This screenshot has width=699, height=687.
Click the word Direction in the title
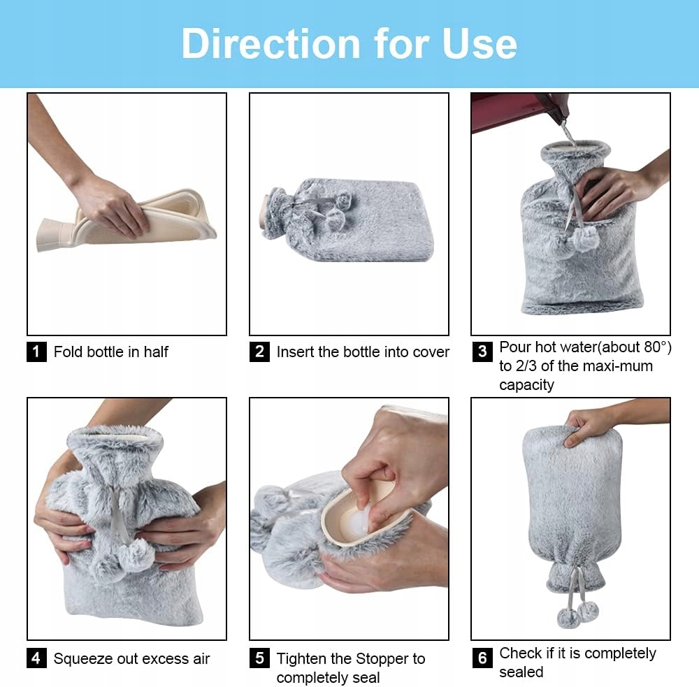(x=271, y=43)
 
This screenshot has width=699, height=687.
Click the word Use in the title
(x=480, y=43)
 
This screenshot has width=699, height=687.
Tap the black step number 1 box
(x=36, y=352)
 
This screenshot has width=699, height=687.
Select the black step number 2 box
(x=259, y=352)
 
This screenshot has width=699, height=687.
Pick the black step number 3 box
(x=482, y=352)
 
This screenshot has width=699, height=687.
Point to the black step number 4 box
(x=36, y=658)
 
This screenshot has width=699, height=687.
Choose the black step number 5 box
(x=259, y=658)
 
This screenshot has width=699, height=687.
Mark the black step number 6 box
(x=482, y=658)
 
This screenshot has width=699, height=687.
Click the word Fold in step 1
(x=68, y=352)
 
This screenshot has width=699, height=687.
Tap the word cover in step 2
(x=431, y=352)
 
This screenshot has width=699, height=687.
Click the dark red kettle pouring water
(x=517, y=111)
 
